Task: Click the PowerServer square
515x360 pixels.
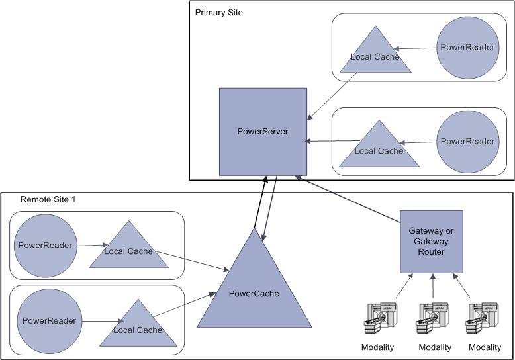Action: point(263,131)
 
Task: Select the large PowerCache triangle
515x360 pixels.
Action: point(255,291)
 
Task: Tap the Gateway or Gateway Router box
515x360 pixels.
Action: point(431,242)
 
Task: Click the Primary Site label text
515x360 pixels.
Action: point(219,13)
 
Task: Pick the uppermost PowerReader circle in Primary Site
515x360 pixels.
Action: point(467,48)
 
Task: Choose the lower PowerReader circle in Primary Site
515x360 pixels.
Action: point(467,141)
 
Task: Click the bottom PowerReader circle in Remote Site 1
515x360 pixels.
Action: point(49,321)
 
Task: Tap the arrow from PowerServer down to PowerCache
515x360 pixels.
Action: point(271,205)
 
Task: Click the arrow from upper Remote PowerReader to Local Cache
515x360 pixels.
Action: point(88,246)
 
